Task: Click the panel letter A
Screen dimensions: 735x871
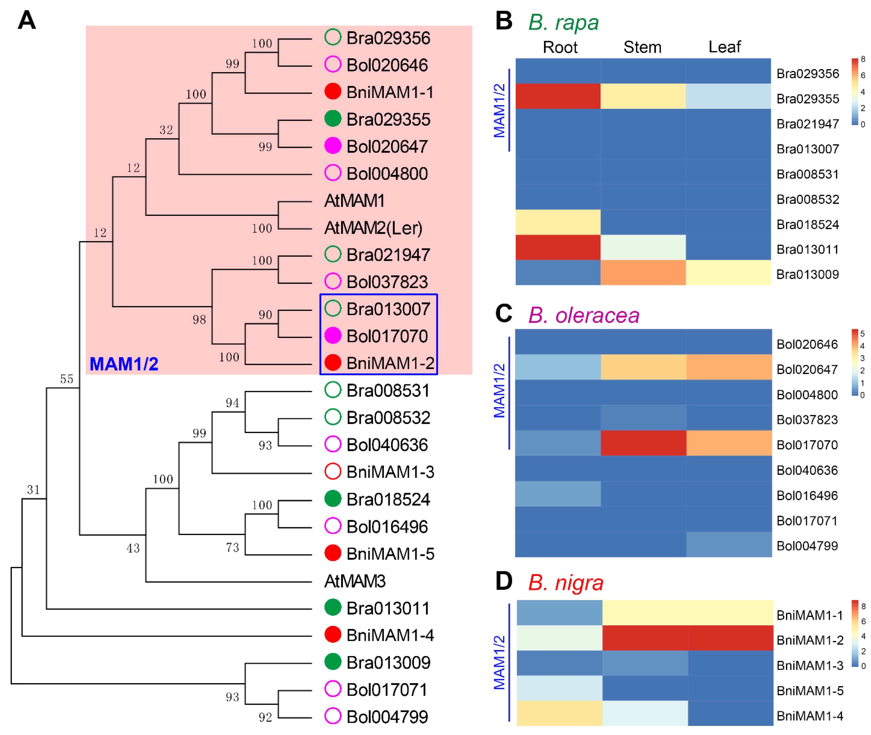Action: (27, 20)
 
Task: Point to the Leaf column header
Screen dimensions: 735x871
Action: (724, 47)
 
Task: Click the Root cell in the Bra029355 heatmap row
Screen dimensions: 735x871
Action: (558, 96)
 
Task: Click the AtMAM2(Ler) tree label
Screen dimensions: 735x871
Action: (373, 228)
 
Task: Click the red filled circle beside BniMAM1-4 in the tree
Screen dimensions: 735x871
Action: (333, 635)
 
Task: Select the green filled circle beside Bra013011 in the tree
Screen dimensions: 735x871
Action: (333, 607)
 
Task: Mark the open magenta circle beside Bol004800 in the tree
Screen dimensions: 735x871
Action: (333, 173)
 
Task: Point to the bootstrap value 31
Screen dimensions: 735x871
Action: (33, 490)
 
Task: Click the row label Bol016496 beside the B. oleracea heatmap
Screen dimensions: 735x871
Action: (807, 496)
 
